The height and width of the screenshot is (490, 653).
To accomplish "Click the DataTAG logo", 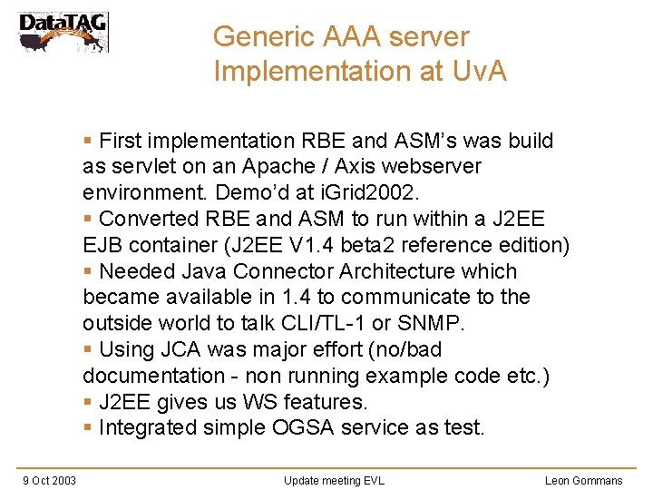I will (x=63, y=32).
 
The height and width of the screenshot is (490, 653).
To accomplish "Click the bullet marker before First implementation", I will (x=87, y=142).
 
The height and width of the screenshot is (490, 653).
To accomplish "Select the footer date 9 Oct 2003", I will (x=49, y=480).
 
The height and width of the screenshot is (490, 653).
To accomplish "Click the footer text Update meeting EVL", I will (x=334, y=480).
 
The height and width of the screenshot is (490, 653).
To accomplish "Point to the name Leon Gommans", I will (x=583, y=480).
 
